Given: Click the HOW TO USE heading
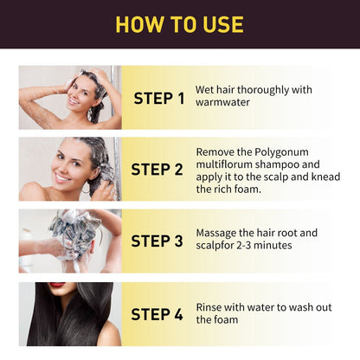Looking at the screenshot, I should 180,23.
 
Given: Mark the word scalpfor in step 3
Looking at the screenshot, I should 217,246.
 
